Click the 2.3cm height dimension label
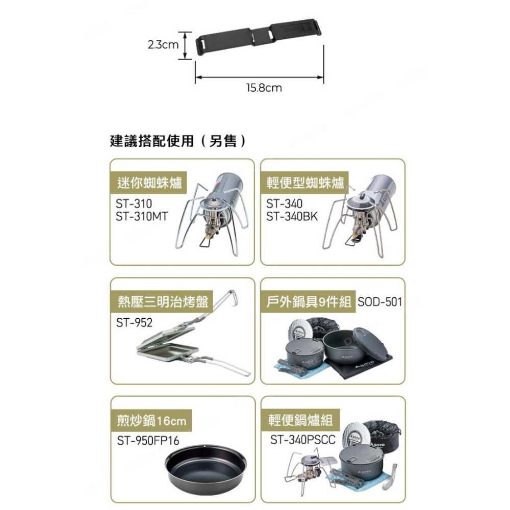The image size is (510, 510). click(x=163, y=45)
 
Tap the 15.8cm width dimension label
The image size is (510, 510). click(x=264, y=88)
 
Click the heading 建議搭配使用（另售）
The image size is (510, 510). click(x=178, y=140)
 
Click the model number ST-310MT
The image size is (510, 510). click(x=142, y=216)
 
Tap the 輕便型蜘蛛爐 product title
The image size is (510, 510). click(x=305, y=183)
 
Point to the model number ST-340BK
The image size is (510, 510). click(x=292, y=216)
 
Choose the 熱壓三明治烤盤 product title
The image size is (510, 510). click(x=163, y=301)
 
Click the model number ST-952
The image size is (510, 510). click(x=134, y=322)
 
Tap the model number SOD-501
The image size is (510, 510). click(x=380, y=301)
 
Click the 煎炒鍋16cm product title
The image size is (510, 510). click(x=151, y=420)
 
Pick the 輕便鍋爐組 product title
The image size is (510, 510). click(x=300, y=420)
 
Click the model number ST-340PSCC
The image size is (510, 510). click(x=303, y=439)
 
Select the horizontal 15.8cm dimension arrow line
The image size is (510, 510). click(x=260, y=78)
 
